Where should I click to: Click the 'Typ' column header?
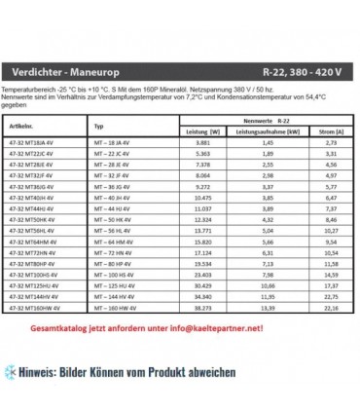pos(99,126)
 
